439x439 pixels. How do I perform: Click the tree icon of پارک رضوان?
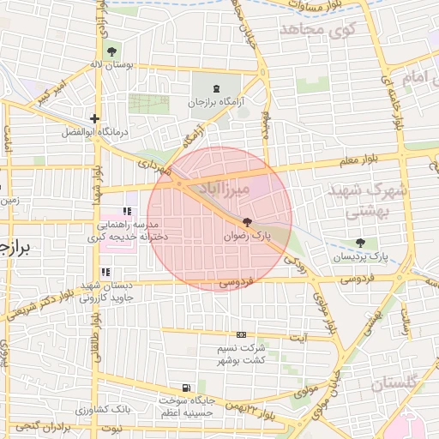coord(248,222)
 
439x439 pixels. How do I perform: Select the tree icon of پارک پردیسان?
coord(360,244)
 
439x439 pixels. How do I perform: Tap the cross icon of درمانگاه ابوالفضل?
coord(94,119)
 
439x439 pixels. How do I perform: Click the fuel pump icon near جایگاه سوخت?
coord(187,388)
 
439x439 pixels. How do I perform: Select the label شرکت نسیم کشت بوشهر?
coord(241,354)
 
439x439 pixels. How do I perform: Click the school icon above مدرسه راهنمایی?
coord(128,212)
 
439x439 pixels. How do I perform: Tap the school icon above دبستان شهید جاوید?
coord(105,273)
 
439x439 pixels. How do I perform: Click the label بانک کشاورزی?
coord(126,409)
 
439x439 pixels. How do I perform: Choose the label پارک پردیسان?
coord(359,256)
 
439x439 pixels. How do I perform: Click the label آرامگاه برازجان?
coord(216,101)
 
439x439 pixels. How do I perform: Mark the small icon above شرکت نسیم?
coord(241,335)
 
